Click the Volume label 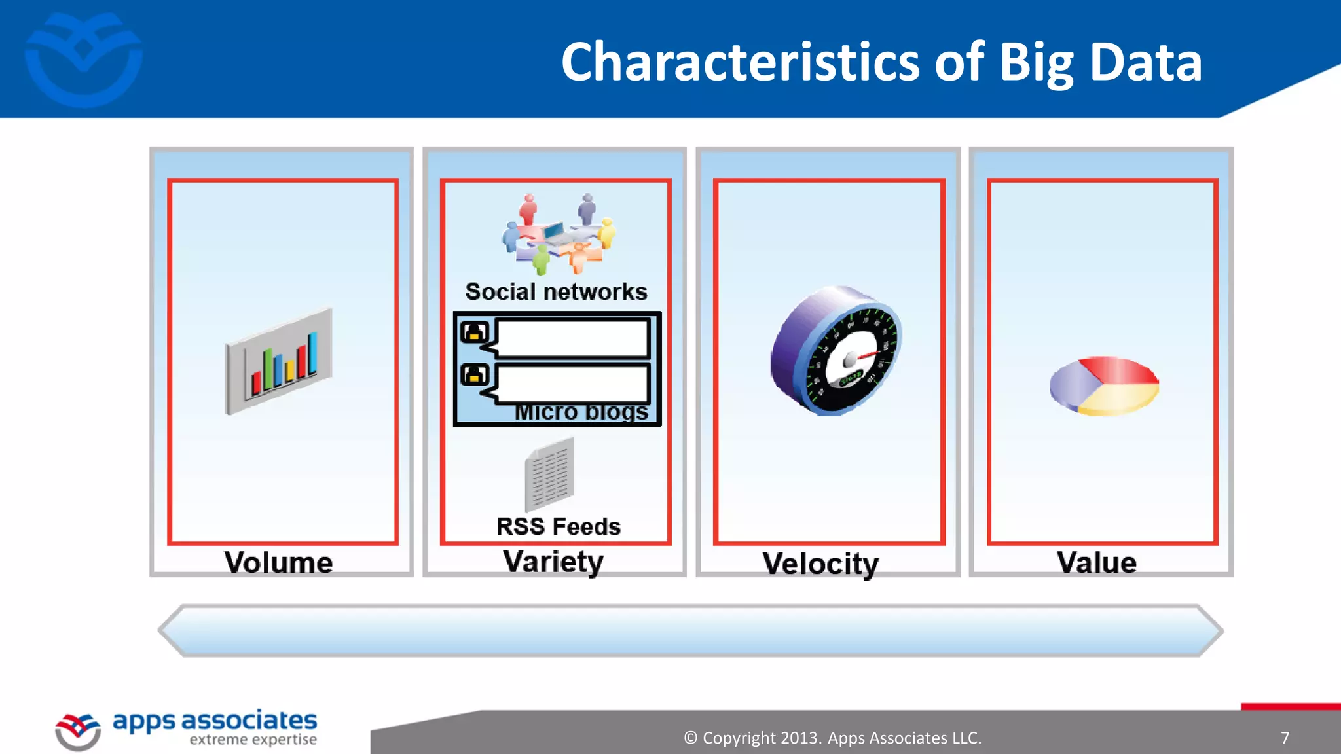click(278, 563)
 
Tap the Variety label click(553, 562)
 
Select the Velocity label click(820, 564)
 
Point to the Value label click(1096, 563)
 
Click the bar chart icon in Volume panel click(279, 361)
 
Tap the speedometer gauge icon click(836, 351)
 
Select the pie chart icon click(1104, 386)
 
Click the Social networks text click(556, 291)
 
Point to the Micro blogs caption click(581, 412)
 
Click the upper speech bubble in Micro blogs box click(572, 338)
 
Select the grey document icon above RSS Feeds click(549, 475)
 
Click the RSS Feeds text click(558, 526)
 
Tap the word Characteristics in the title click(741, 62)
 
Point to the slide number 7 click(1285, 738)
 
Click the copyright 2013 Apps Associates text click(832, 738)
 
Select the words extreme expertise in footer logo click(253, 740)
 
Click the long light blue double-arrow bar click(690, 631)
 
